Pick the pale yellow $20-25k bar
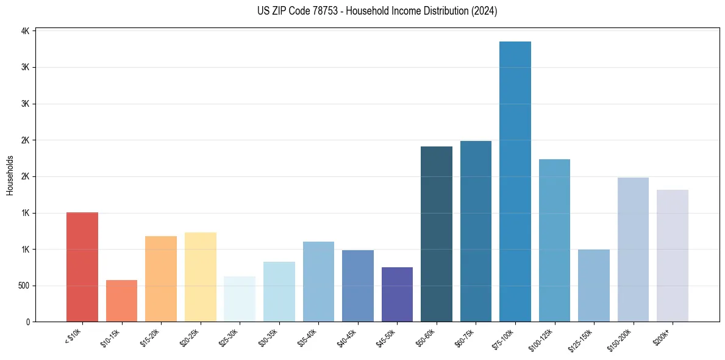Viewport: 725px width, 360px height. tap(200, 277)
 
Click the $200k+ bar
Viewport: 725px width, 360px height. tap(672, 256)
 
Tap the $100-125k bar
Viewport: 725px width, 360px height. tap(554, 240)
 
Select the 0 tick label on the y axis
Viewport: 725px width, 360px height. tap(27, 322)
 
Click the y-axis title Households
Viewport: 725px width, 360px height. tap(10, 175)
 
